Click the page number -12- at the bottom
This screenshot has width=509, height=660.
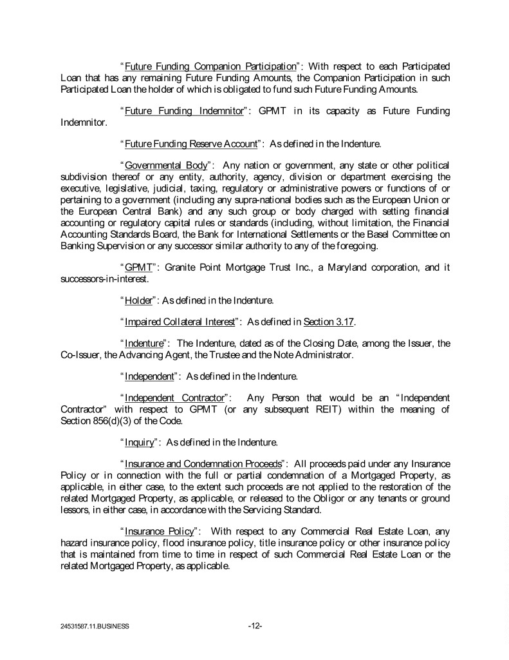point(255,625)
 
